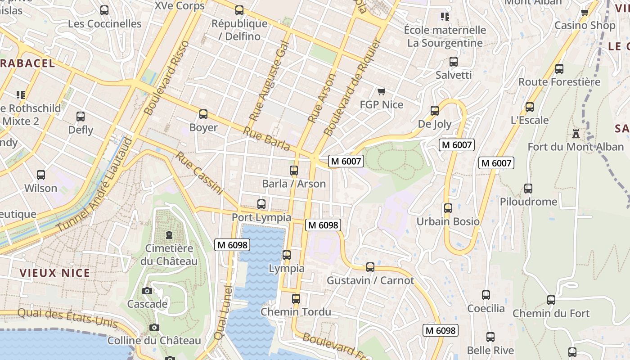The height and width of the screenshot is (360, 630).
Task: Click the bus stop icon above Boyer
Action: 203,114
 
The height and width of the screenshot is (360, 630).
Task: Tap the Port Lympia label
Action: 261,217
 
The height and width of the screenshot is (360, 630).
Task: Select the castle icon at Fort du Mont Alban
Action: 576,134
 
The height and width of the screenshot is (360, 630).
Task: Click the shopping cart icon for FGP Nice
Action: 381,92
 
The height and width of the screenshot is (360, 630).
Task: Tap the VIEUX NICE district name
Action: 55,273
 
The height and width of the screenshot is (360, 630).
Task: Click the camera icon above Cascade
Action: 147,291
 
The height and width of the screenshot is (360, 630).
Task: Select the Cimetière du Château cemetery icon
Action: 169,235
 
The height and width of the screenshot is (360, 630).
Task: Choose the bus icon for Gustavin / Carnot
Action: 370,267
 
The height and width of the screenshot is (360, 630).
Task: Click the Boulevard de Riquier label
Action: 352,87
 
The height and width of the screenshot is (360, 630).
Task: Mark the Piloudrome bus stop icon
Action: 528,189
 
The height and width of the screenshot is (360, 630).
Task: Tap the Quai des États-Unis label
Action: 67,318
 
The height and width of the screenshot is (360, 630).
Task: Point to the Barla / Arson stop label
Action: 294,184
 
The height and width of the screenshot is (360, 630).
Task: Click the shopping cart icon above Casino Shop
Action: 585,12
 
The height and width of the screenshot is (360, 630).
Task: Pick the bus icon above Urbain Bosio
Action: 448,208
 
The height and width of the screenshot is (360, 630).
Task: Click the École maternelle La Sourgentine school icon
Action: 445,17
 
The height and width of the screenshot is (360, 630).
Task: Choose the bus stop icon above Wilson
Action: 41,175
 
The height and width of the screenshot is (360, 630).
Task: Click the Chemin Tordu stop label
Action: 296,312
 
